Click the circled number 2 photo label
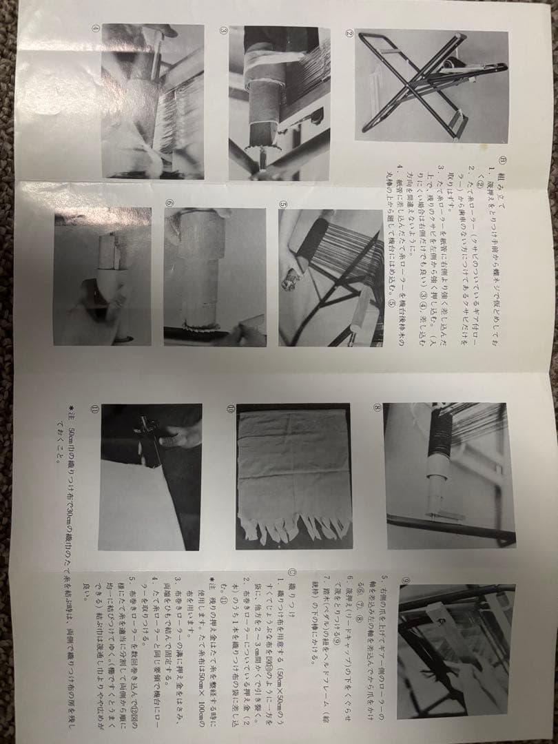(349, 34)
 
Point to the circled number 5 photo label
(283, 205)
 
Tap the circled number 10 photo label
(231, 409)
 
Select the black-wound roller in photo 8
(439, 441)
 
